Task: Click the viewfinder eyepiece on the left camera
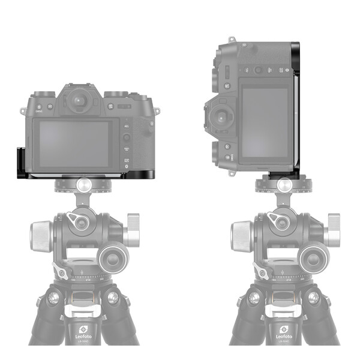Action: tap(79, 100)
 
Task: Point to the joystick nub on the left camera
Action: tap(127, 137)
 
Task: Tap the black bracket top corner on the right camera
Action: tap(294, 45)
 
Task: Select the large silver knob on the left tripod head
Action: tap(41, 236)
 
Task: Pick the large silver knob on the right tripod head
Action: tap(241, 236)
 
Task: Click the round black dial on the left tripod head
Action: tap(113, 259)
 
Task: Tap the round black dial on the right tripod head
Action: tap(313, 259)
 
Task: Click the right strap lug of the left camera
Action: tap(158, 112)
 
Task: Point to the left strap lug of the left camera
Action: tap(22, 111)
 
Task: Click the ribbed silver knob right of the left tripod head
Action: tap(133, 229)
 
